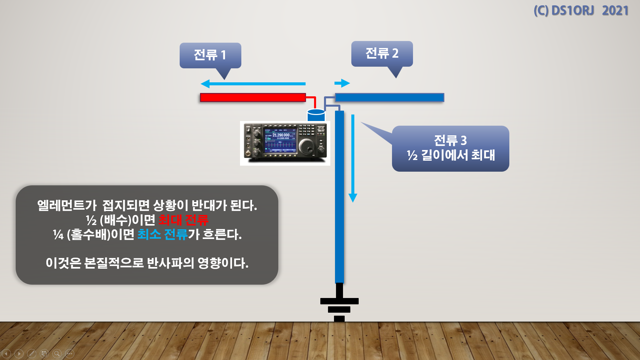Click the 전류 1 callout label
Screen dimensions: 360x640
210,55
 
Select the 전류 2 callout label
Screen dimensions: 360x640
382,53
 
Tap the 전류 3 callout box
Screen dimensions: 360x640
450,148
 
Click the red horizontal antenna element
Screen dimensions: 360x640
253,97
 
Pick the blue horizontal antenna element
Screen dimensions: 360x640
389,97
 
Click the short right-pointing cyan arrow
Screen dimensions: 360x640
342,83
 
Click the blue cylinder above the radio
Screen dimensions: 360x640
316,115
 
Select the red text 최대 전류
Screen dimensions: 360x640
183,220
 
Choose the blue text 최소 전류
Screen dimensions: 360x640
162,234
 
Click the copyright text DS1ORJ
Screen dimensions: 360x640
572,11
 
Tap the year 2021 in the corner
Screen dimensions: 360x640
615,11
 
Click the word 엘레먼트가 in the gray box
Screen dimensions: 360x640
67,205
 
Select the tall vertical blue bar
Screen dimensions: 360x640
339,197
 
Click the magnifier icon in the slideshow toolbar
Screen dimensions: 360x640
57,353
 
